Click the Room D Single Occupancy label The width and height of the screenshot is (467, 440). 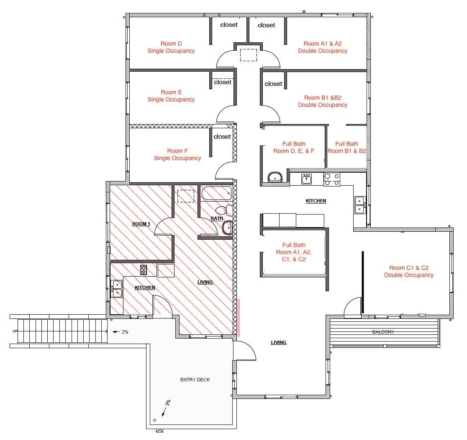[x=171, y=47]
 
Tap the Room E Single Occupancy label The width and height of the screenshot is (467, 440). [x=171, y=96]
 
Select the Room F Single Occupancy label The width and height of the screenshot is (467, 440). [x=177, y=155]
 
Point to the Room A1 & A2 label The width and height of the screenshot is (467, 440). [x=323, y=47]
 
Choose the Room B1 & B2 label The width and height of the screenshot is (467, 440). [x=323, y=101]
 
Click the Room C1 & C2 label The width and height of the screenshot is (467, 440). [x=409, y=272]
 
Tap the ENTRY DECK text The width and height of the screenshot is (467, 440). [x=195, y=380]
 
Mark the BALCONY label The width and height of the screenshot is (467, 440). [x=383, y=332]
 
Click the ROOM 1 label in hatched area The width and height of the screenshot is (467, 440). [x=141, y=224]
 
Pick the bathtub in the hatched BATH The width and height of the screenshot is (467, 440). [x=216, y=193]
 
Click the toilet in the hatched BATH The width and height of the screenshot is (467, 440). [x=224, y=210]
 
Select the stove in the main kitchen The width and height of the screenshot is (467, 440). [x=332, y=179]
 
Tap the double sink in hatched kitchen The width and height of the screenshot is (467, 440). [x=117, y=289]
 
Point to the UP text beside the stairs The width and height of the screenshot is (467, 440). [x=15, y=331]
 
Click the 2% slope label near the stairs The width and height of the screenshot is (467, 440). [x=125, y=332]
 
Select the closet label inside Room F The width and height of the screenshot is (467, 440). [x=222, y=137]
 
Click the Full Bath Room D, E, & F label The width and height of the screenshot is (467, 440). [x=294, y=148]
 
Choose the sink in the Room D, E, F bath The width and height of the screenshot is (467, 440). [x=275, y=177]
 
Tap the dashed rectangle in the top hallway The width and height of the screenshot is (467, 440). [x=249, y=55]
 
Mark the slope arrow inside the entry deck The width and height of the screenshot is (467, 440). [x=164, y=412]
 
